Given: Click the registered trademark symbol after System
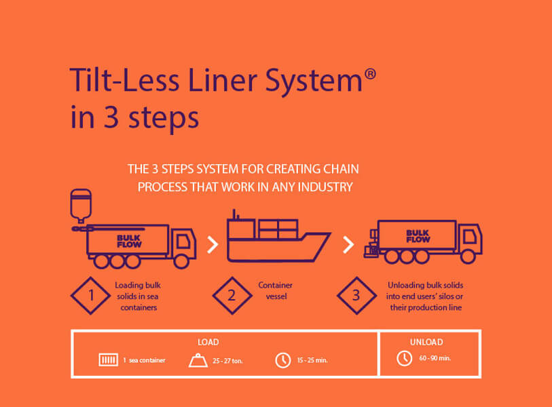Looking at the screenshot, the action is (370, 74).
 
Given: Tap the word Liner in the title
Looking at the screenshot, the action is (223, 80).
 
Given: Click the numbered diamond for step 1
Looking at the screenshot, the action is (91, 296).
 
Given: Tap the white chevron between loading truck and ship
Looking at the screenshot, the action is (213, 245).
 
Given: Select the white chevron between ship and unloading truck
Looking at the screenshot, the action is (348, 245).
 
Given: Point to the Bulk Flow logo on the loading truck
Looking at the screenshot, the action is (129, 241).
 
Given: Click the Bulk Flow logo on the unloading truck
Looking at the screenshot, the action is (418, 236).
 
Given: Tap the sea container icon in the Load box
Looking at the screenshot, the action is (109, 360).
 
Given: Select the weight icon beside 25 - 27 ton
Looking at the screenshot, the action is (198, 361).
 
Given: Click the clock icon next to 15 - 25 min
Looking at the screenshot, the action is (282, 361).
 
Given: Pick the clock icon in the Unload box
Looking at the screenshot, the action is (405, 358).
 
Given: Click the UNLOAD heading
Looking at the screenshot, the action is (426, 342).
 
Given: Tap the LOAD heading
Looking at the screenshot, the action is (208, 342).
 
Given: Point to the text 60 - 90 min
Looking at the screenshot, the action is (435, 358).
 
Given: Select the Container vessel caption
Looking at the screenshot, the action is (276, 290).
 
